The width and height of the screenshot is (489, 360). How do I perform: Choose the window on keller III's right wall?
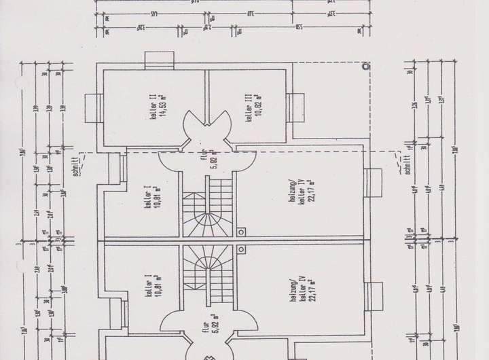coord(295,107)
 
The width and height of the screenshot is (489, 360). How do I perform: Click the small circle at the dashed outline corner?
coord(365,67)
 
